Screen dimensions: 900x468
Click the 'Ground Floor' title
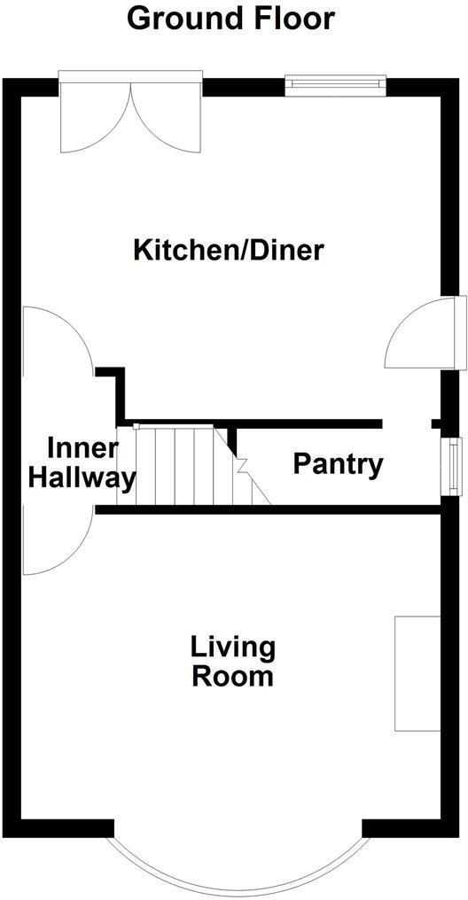coord(231,18)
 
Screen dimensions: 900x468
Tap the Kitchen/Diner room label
coord(229,250)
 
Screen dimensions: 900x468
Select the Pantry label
coord(338,463)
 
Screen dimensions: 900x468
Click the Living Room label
coord(233,662)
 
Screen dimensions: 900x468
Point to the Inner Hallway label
coord(82,463)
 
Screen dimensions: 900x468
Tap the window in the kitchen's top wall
coord(336,85)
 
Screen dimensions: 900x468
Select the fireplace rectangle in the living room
coord(417,673)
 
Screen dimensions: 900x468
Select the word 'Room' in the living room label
coord(233,678)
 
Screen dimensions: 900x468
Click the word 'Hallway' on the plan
coord(82,479)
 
